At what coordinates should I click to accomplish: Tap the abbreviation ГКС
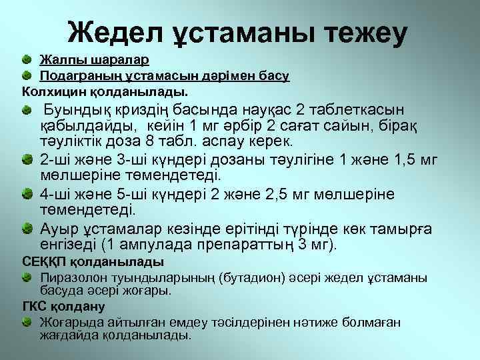tap(35, 307)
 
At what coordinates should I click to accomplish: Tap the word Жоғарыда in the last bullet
tap(73, 323)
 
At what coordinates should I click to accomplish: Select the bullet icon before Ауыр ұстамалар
tap(25, 229)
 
